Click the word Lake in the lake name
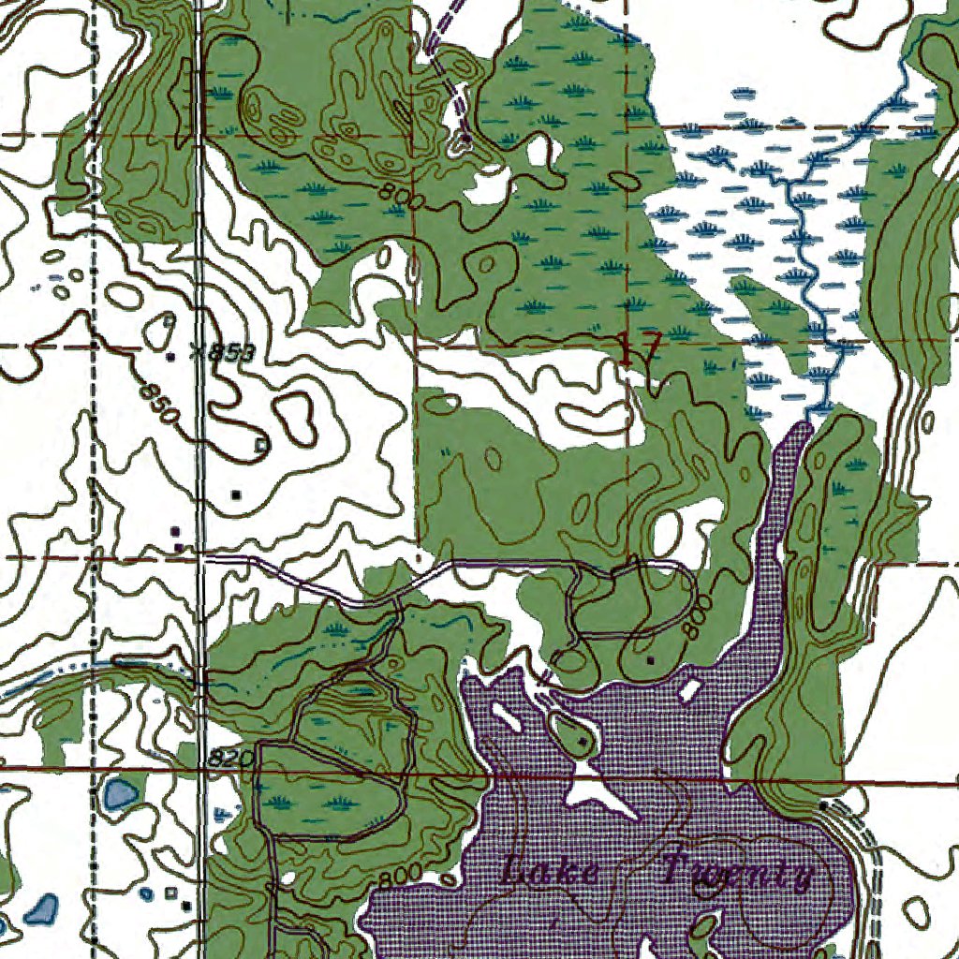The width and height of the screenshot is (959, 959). point(551,873)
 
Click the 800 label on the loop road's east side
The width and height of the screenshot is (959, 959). point(694,625)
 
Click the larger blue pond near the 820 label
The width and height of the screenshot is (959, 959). point(120,796)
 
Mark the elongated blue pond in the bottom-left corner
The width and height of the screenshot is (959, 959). point(41,907)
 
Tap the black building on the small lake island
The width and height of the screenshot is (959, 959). point(583,742)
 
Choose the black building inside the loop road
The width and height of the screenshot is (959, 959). point(652,659)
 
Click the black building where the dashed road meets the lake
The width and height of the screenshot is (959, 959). point(823,805)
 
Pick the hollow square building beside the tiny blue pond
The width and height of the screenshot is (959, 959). point(170,893)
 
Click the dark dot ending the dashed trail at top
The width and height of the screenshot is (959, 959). point(465,142)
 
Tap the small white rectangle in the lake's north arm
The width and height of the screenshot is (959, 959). point(690,691)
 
